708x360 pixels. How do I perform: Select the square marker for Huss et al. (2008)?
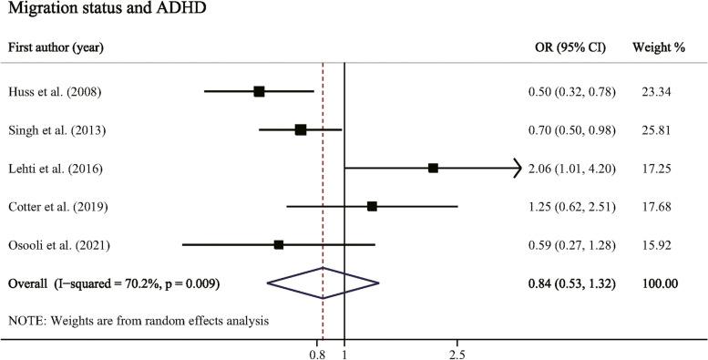pyautogui.click(x=259, y=91)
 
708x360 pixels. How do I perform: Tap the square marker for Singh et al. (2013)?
pyautogui.click(x=301, y=130)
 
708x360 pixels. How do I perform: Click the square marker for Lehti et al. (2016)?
pyautogui.click(x=433, y=168)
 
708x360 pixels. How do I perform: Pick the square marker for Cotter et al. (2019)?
pyautogui.click(x=372, y=207)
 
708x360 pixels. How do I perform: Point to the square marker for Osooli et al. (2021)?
pyautogui.click(x=279, y=244)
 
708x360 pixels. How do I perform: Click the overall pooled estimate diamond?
pyautogui.click(x=323, y=283)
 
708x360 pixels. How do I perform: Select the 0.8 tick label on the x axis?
pyautogui.click(x=318, y=353)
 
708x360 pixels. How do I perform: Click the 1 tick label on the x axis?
pyautogui.click(x=344, y=353)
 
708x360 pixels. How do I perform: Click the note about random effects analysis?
pyautogui.click(x=138, y=321)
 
